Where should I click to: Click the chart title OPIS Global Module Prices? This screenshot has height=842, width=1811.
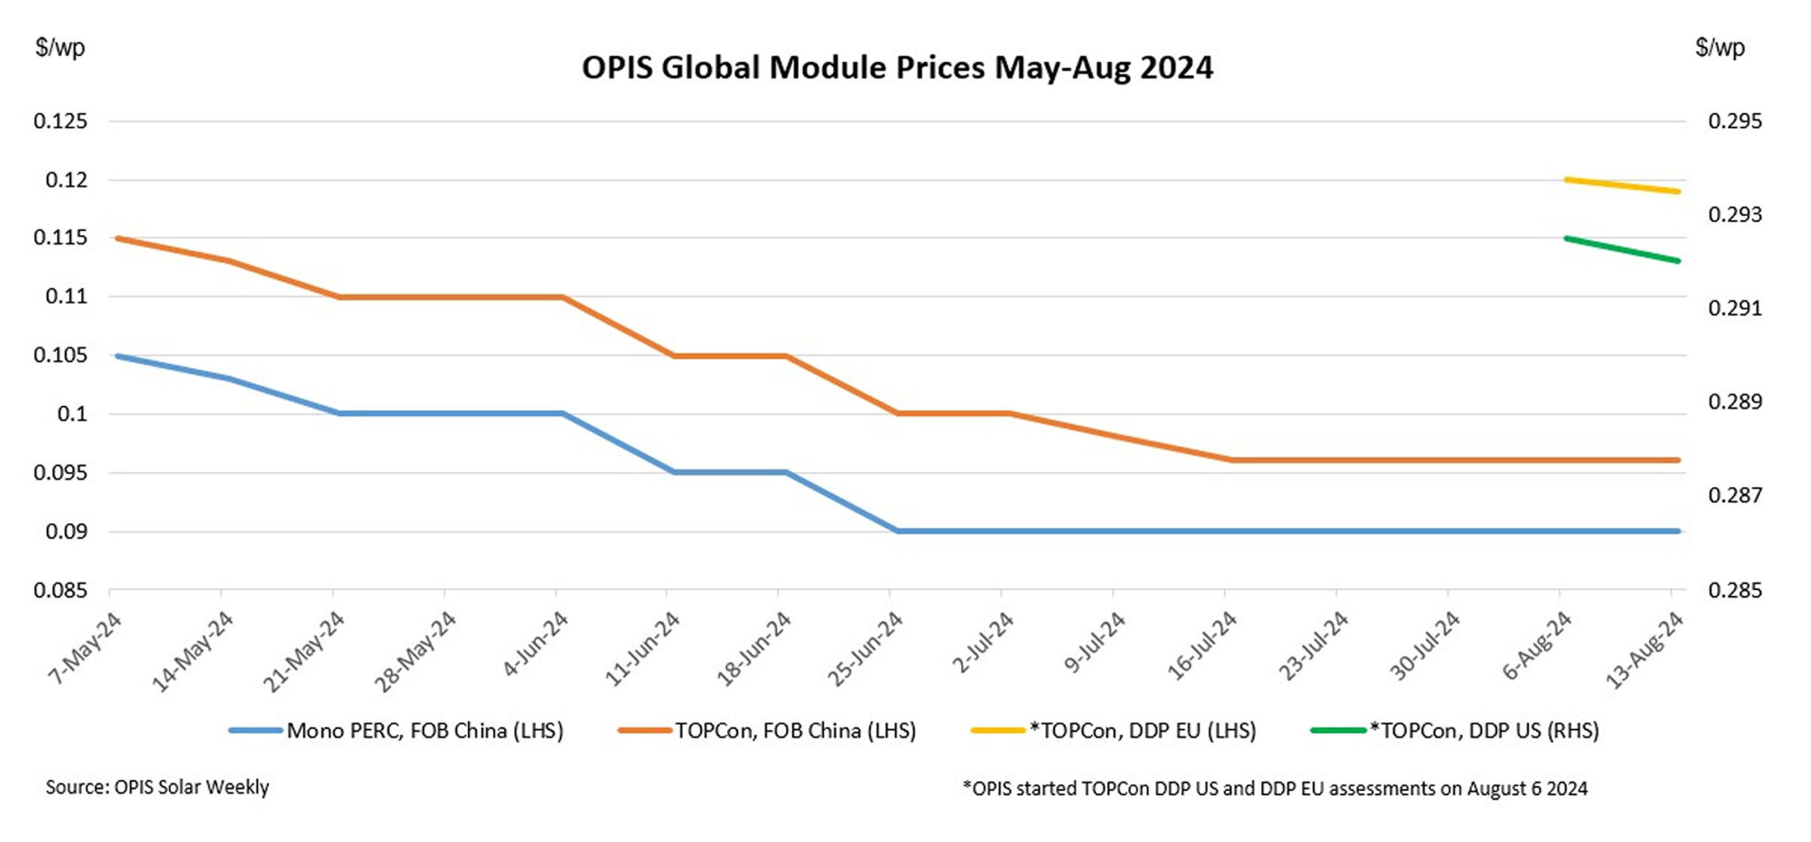coord(897,68)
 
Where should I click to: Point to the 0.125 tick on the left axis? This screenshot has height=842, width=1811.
coord(61,121)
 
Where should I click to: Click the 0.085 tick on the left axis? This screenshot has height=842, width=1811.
coord(61,590)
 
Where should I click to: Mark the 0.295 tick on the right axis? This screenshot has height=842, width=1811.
coord(1734,121)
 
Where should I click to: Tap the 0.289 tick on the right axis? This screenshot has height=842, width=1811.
coord(1734,402)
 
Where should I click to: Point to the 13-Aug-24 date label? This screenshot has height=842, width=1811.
coord(1644,651)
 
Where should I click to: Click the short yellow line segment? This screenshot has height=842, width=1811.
coord(1622,186)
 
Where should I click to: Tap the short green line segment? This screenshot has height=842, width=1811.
coord(1622,249)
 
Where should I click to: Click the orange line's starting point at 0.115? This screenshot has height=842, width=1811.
coord(118,238)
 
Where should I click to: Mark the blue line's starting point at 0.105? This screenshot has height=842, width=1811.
coord(118,356)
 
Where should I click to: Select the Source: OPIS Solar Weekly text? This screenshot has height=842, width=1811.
coord(157,786)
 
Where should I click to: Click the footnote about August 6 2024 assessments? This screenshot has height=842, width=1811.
coord(1274,788)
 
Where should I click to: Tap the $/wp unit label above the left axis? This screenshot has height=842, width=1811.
coord(60,47)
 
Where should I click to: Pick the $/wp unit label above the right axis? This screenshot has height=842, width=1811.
coord(1719,47)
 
